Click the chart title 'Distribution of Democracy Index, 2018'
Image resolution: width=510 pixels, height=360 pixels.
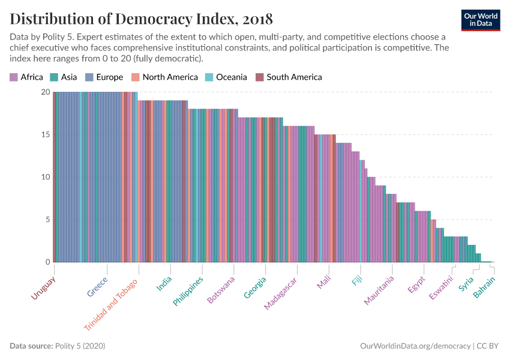(141, 19)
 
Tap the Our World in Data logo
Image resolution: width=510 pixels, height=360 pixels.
(481, 19)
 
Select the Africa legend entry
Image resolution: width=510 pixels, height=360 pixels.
(26, 77)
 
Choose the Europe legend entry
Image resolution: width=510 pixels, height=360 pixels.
(103, 77)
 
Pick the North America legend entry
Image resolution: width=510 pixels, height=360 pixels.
(165, 77)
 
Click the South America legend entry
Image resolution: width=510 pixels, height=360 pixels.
(289, 77)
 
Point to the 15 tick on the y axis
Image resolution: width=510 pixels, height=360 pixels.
(46, 134)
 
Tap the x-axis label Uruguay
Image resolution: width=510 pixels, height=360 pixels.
(43, 289)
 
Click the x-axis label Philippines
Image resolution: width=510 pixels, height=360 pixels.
(188, 291)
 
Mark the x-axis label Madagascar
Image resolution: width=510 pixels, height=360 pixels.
(281, 294)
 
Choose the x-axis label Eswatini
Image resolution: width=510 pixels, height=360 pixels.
(442, 288)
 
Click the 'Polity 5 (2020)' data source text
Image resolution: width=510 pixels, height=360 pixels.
(80, 346)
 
